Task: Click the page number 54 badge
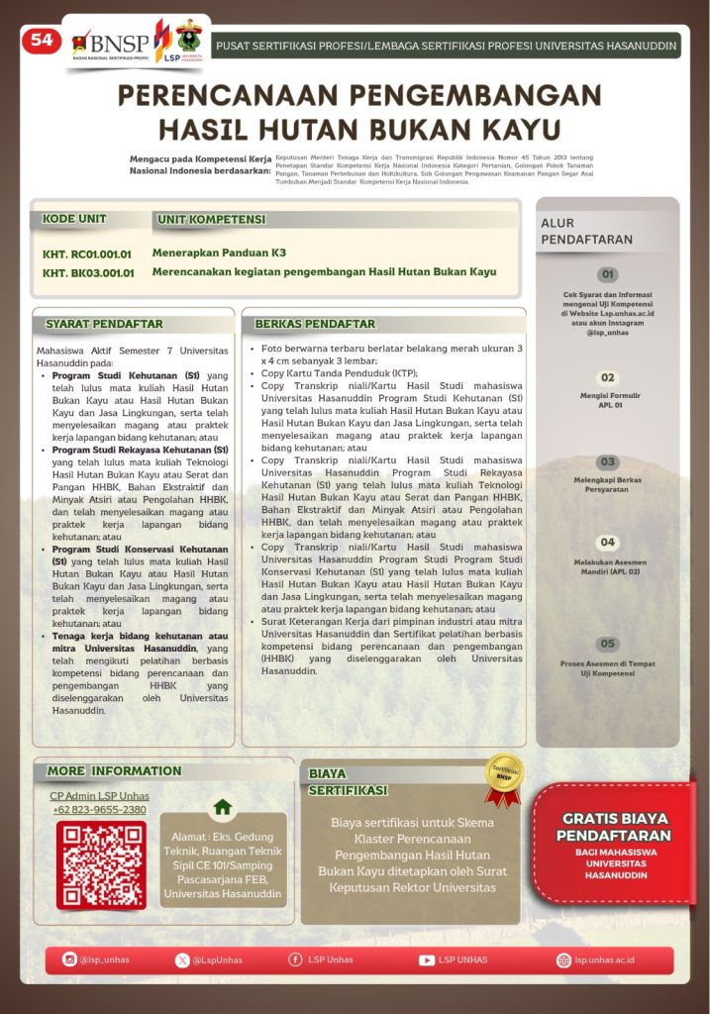click(x=41, y=40)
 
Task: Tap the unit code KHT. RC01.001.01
click(x=87, y=254)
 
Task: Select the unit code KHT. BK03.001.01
click(x=88, y=273)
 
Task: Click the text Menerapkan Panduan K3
click(x=219, y=253)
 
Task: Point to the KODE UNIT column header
click(x=74, y=219)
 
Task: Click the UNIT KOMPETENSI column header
click(x=212, y=219)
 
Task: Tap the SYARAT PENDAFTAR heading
click(x=104, y=324)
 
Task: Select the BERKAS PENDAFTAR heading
click(x=315, y=324)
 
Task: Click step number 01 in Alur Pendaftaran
click(x=608, y=274)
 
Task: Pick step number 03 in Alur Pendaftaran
click(x=608, y=462)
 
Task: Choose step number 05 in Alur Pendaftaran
click(x=608, y=644)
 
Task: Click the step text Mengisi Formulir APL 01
click(x=608, y=400)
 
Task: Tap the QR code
click(x=101, y=864)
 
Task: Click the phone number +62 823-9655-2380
click(x=99, y=810)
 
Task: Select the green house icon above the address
click(x=223, y=806)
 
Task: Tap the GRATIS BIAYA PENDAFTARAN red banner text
click(x=615, y=827)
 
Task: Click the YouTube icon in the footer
click(x=427, y=960)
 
